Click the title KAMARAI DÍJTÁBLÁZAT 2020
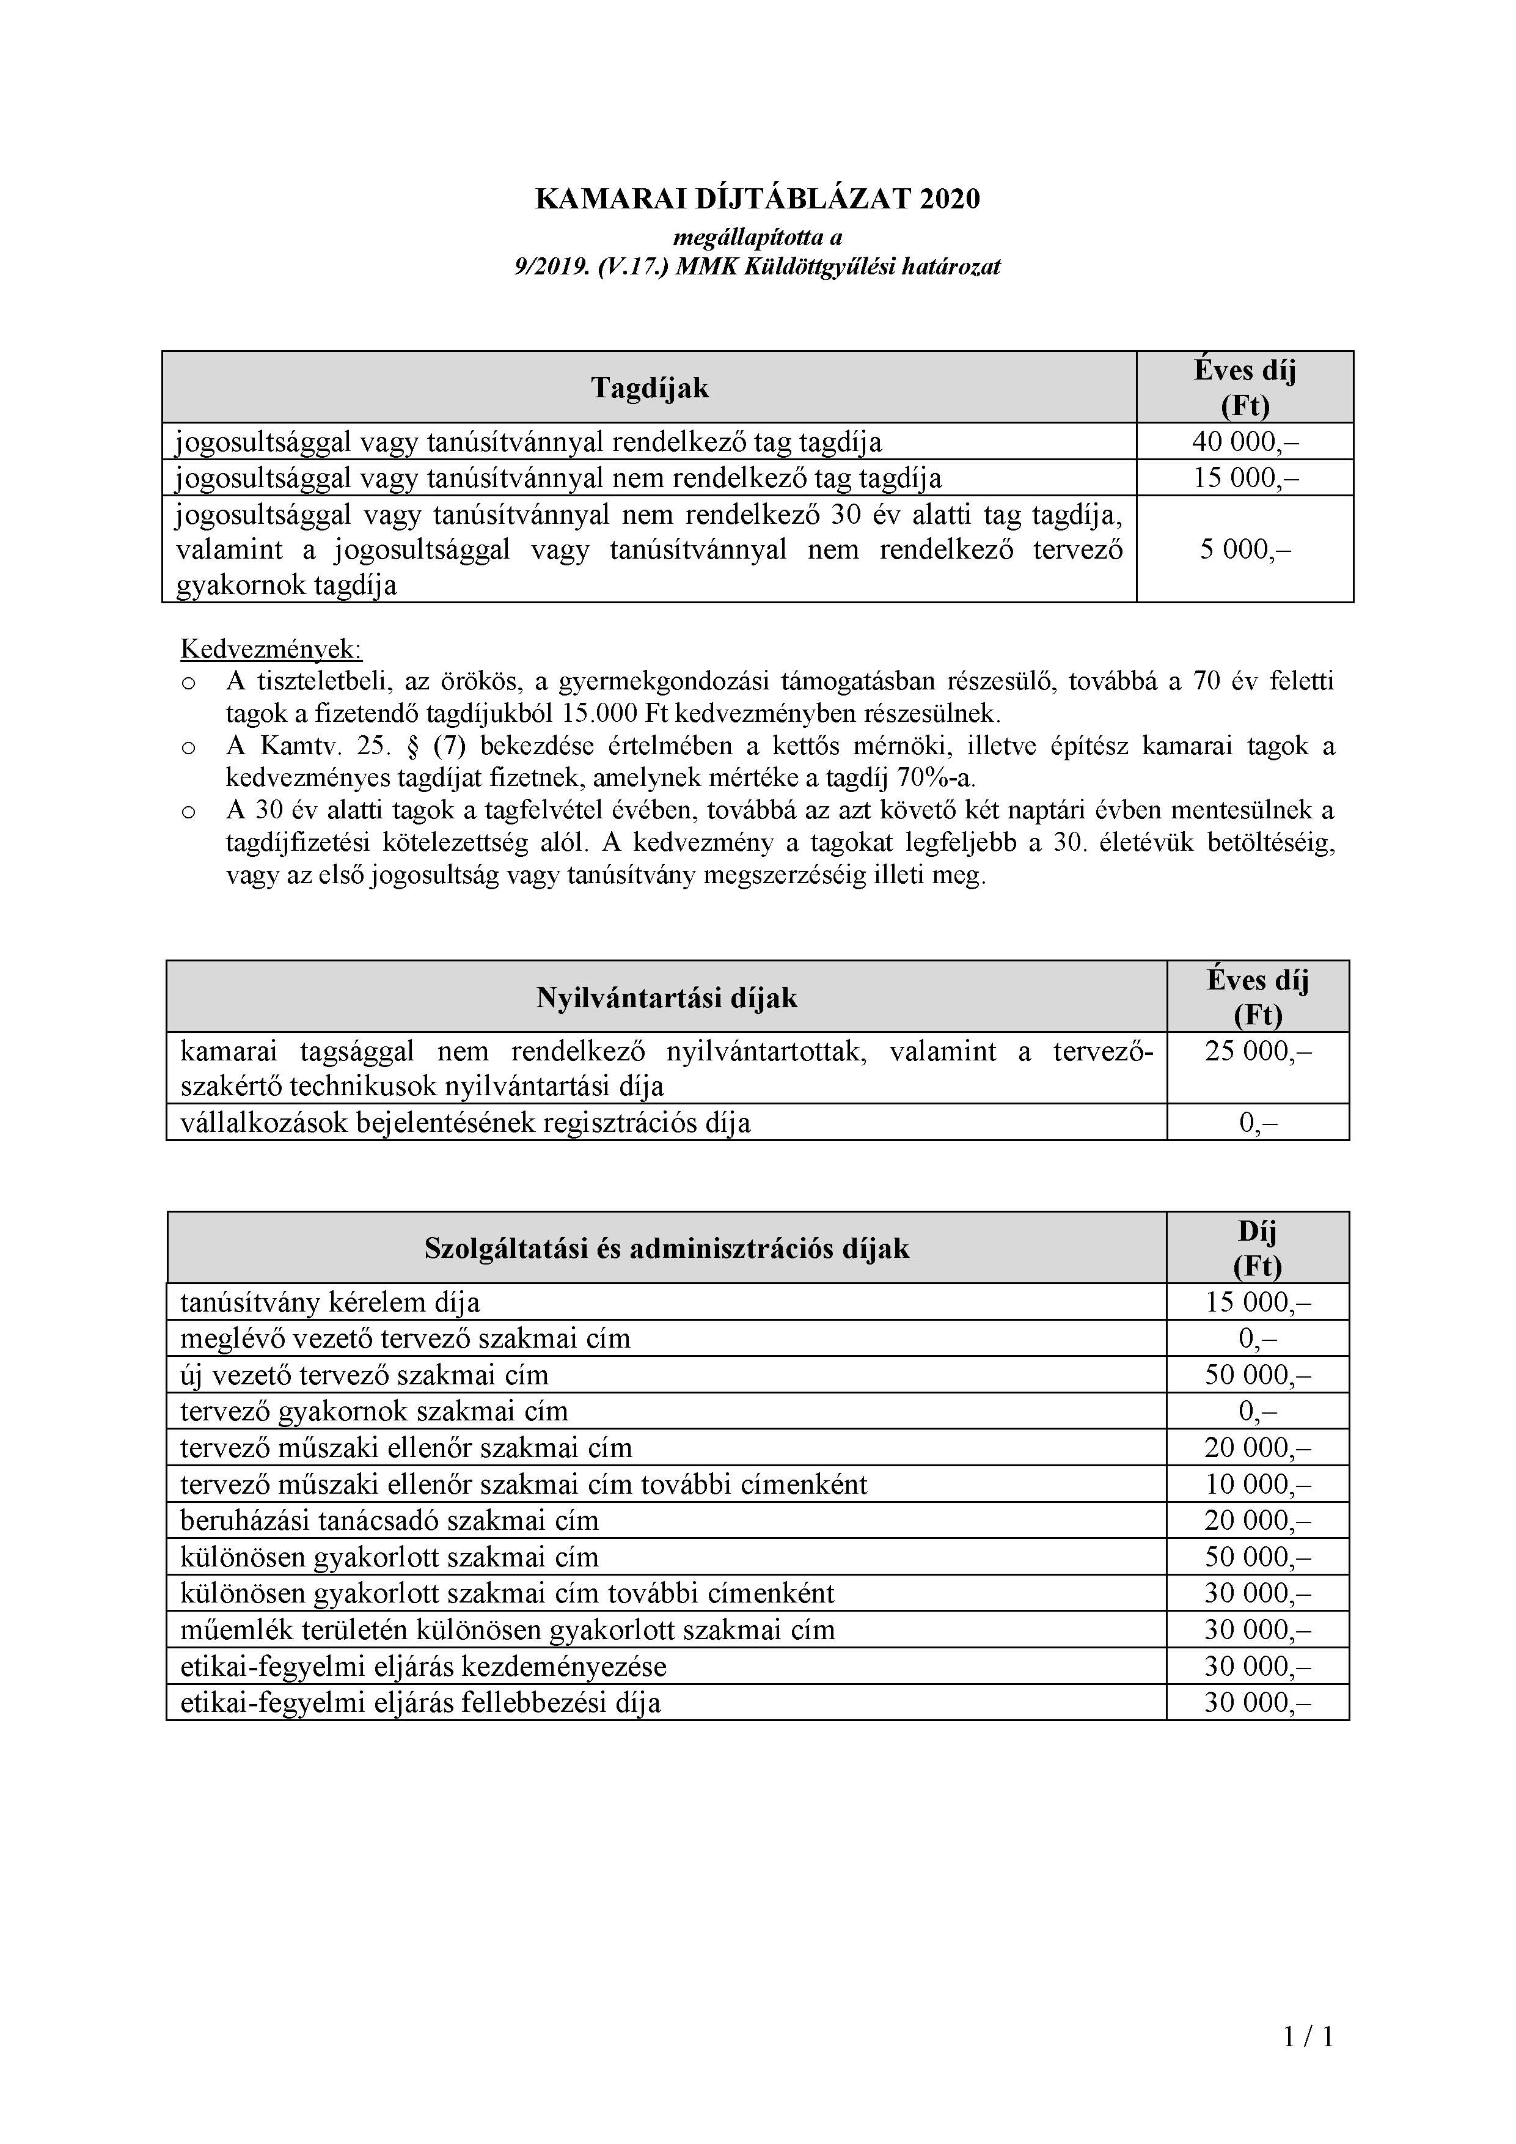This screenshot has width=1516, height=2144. (757, 199)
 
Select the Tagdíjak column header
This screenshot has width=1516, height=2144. (650, 387)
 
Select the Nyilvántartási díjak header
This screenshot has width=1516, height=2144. (667, 997)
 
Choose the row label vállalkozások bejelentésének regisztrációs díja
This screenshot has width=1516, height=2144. (465, 1123)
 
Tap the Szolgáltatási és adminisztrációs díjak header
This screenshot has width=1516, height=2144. (667, 1249)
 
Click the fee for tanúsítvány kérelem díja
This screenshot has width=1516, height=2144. (1258, 1302)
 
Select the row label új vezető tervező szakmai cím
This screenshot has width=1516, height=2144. (364, 1375)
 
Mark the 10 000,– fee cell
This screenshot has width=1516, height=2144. (1258, 1484)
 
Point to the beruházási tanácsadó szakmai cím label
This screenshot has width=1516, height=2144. (389, 1520)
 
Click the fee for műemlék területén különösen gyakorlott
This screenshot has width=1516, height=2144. (1258, 1629)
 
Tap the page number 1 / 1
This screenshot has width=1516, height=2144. (1308, 2036)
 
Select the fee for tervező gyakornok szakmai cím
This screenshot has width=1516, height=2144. (1258, 1411)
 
